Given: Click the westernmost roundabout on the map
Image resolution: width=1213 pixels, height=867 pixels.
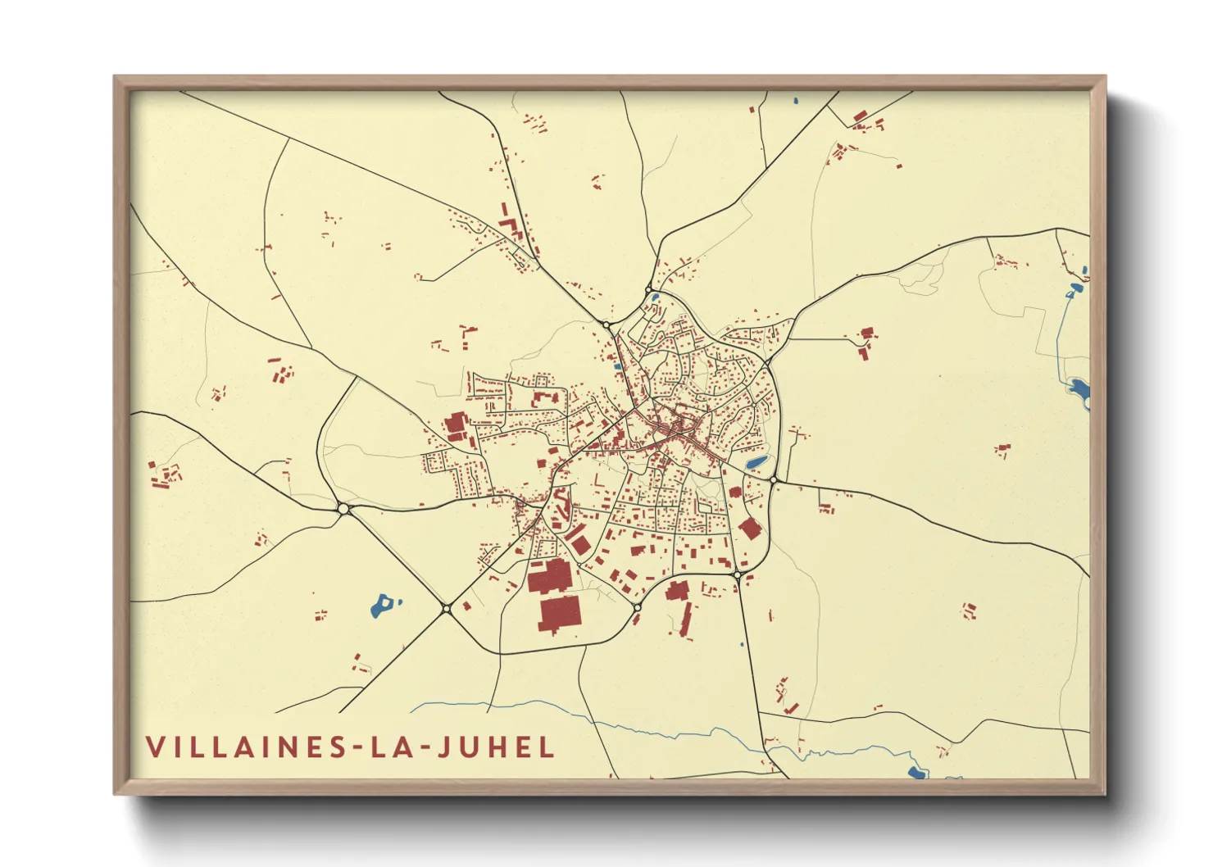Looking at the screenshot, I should coord(343,509).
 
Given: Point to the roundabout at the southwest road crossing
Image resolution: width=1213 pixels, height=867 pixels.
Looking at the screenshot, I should coord(446,608).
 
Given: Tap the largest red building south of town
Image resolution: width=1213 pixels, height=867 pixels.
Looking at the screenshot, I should coord(560,614).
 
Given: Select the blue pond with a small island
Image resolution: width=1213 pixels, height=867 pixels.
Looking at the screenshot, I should coord(382,606).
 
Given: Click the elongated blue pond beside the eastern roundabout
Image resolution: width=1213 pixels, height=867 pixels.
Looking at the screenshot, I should coord(756,463).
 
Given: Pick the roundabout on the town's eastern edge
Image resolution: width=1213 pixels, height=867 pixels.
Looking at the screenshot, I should coord(774,479).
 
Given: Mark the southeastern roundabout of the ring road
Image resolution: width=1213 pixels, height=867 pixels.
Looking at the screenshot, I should coord(737,576).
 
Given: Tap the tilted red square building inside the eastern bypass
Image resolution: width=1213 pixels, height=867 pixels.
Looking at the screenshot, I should coord(750,529).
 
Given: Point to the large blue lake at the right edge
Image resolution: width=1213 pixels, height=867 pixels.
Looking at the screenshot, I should coord(1079,389).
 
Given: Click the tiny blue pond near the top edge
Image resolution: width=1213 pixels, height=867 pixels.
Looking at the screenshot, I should coord(795,102).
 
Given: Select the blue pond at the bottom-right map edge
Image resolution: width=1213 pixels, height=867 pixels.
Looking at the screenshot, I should coord(917,773).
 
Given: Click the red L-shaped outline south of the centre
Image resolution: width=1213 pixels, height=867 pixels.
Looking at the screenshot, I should coord(599,478).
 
